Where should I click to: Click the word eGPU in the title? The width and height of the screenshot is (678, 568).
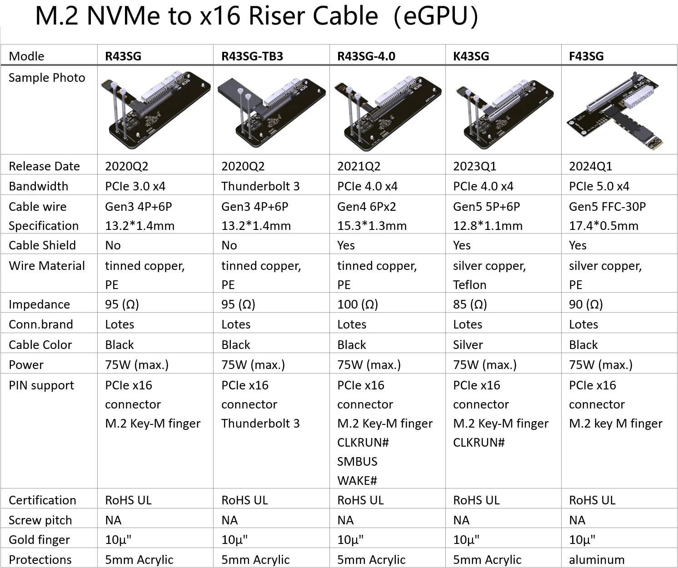436,16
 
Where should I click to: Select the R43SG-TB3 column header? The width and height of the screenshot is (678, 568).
252,56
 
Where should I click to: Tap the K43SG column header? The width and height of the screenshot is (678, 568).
471,56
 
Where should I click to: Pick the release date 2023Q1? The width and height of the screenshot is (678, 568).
474,166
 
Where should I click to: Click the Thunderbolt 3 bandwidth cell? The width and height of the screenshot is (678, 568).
260,186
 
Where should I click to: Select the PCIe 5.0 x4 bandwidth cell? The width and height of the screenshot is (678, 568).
599,186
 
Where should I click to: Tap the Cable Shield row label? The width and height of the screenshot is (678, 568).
42,245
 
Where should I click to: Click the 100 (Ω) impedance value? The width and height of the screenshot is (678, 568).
358,304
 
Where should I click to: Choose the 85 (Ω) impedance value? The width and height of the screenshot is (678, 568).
470,304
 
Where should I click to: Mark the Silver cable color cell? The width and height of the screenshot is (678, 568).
468,345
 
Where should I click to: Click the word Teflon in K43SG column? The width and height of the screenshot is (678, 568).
469,285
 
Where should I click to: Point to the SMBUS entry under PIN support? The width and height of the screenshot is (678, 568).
357,462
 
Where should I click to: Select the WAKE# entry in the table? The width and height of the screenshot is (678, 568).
357,481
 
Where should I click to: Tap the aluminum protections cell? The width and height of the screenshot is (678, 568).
597,560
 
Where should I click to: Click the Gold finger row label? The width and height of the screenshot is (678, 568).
39,540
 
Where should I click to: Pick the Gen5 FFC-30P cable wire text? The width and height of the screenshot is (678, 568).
607,207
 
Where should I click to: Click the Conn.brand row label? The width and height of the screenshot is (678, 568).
40,325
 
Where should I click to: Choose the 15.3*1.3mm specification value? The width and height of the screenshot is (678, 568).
372,226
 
